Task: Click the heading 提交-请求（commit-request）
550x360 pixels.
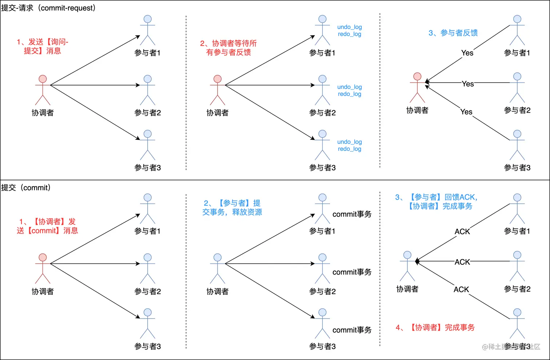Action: [48, 8]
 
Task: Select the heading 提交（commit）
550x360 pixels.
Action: [26, 188]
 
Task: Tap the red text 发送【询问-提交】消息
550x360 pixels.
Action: [43, 47]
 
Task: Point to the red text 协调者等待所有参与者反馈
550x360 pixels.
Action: [228, 48]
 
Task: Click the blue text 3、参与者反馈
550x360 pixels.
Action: [453, 33]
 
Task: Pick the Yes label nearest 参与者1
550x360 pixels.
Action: [467, 53]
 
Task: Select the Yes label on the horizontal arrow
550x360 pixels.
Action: [468, 84]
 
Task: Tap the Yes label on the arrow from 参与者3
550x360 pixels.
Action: [466, 112]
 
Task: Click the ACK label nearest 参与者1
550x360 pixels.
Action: [462, 232]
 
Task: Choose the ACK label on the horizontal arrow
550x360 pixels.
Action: [462, 262]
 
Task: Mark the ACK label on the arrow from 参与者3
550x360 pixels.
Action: [461, 290]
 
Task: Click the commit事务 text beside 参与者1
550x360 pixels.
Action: [352, 215]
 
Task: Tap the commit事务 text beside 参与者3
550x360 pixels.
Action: [352, 330]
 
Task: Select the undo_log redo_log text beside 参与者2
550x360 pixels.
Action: [349, 91]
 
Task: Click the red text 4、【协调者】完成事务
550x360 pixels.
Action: [435, 328]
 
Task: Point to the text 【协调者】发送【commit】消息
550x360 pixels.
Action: [47, 226]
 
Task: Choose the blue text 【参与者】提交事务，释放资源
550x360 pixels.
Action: [232, 208]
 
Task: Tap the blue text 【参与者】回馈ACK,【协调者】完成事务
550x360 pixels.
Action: [436, 202]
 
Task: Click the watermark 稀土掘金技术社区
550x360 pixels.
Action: [511, 347]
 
